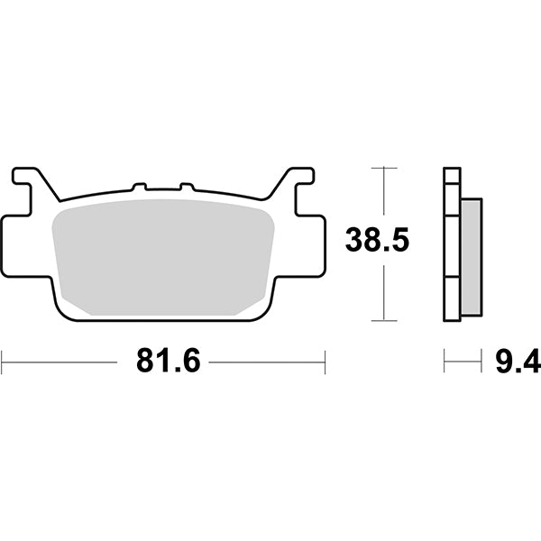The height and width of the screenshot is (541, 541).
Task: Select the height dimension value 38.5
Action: (381, 243)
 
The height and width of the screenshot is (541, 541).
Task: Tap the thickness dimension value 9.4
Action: (516, 363)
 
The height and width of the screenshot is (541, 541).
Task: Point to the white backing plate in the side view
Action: (452, 243)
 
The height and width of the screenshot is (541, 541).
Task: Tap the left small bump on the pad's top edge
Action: (139, 188)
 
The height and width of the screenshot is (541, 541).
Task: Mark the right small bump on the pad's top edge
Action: (187, 188)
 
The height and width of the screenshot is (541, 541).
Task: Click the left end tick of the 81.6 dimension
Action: (3, 363)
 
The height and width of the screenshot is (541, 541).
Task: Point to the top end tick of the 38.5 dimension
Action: (385, 168)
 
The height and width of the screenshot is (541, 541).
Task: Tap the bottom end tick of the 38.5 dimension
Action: (385, 320)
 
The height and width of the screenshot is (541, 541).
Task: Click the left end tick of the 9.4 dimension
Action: (444, 363)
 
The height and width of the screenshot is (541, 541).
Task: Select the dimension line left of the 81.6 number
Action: (63, 363)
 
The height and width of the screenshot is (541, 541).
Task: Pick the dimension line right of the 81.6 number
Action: (266, 363)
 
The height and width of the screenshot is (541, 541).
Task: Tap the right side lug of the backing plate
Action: (311, 243)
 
